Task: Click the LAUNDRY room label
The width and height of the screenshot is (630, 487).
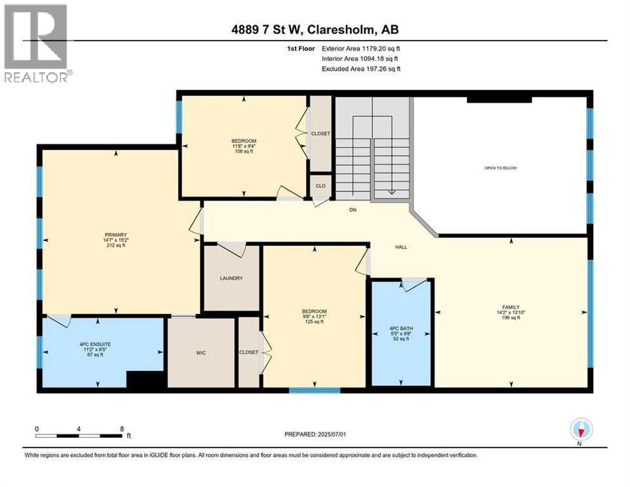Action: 231,278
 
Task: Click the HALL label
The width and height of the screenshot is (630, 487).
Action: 400,247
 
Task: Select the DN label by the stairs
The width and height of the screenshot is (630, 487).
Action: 354,210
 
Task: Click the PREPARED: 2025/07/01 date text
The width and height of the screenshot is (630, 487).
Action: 315,434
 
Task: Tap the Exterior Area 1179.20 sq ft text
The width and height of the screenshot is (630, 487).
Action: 361,48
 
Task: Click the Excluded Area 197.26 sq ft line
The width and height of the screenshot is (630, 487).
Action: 361,68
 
